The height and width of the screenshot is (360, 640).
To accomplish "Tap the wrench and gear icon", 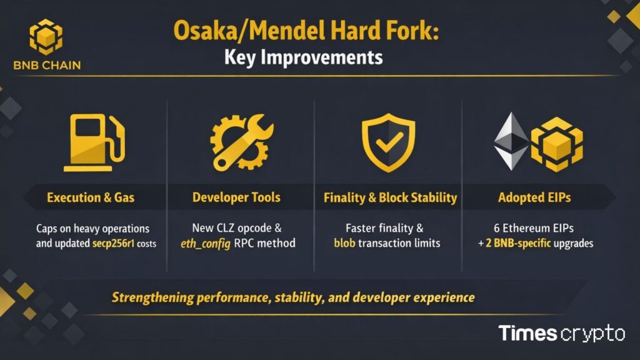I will click(241, 141).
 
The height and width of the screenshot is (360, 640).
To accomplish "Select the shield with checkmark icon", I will click(389, 141).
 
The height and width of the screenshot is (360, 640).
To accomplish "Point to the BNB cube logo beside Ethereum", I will click(556, 142).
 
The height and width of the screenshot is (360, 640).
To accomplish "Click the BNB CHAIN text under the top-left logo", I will click(46, 65).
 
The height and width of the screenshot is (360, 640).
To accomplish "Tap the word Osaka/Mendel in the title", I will click(236, 31).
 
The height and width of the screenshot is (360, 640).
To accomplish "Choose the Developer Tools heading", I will click(236, 198).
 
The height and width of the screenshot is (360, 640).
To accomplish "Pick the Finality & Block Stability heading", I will click(390, 198).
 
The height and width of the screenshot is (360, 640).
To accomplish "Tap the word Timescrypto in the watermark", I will click(561, 333).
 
